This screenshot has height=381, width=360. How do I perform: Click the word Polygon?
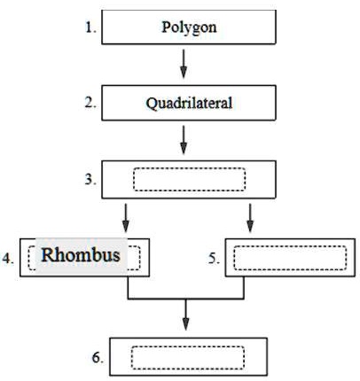point(189,28)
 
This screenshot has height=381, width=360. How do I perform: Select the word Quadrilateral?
point(189,104)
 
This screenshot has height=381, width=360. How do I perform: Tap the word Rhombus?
point(81,255)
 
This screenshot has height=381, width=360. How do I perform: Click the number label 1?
point(91,27)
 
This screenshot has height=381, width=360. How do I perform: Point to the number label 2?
point(90,103)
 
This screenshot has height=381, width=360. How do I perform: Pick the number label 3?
point(90,179)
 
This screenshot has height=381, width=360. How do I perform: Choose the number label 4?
point(8,259)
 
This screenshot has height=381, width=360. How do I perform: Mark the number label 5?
point(214,259)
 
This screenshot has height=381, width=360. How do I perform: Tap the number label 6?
point(98,358)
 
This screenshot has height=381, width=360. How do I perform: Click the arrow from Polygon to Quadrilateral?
point(184,64)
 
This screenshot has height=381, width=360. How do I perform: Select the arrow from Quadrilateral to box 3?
point(184,140)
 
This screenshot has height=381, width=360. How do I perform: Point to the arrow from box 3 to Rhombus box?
point(126,218)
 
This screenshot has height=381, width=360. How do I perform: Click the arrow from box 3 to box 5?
point(250,218)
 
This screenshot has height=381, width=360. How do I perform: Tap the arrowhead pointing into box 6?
point(185,324)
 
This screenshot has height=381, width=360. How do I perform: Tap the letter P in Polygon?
point(166,27)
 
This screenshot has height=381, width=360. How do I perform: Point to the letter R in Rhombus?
point(49,255)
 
